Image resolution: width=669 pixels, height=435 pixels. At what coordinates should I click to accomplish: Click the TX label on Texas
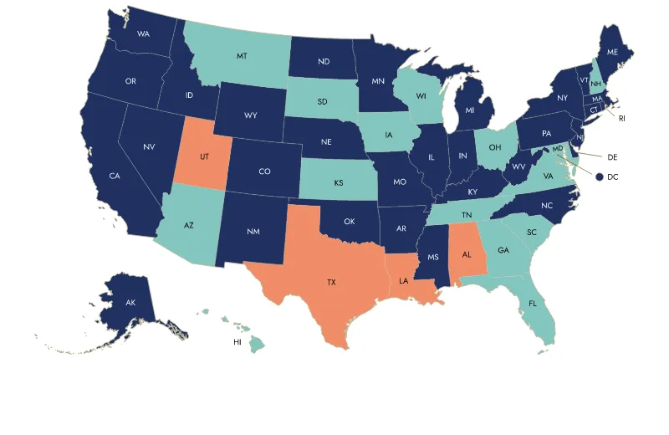tap(331, 283)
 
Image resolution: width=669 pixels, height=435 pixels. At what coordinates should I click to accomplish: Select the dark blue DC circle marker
tap(600, 176)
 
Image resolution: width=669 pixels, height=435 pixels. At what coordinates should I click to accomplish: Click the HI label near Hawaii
tap(237, 343)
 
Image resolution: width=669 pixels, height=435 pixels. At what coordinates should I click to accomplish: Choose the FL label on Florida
tap(533, 304)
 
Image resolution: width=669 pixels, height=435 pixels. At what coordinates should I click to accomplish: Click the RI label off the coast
tap(622, 119)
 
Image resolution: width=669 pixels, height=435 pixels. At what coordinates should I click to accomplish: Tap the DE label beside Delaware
tap(611, 156)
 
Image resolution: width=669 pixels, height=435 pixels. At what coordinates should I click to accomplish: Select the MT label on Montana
tap(241, 56)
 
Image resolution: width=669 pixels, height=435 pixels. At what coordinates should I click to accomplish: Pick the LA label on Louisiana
tap(403, 281)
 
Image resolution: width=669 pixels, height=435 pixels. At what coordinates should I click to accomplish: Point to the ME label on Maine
tap(612, 52)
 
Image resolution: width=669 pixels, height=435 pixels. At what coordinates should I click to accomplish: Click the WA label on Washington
tap(143, 34)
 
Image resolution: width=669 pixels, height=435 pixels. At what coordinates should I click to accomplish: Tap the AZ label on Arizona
tap(189, 226)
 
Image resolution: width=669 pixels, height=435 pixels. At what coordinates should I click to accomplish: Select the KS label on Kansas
tap(339, 182)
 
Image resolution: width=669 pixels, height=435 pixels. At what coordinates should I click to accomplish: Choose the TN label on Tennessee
tap(466, 215)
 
